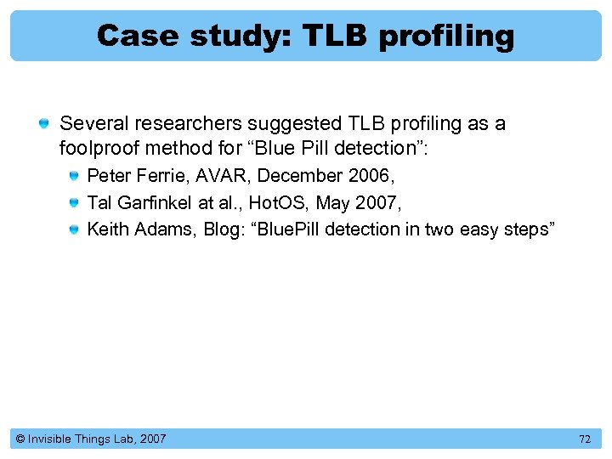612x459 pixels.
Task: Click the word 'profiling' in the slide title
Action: (x=446, y=36)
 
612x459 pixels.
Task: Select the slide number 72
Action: (x=584, y=439)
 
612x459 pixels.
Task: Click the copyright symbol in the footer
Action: (x=19, y=439)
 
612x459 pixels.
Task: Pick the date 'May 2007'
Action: (x=353, y=202)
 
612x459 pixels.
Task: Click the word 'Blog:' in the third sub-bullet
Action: (x=223, y=229)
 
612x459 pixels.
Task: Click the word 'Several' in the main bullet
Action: (x=90, y=123)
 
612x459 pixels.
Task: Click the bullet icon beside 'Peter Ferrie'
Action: (x=74, y=177)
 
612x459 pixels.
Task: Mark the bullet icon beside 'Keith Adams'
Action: (x=74, y=229)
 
